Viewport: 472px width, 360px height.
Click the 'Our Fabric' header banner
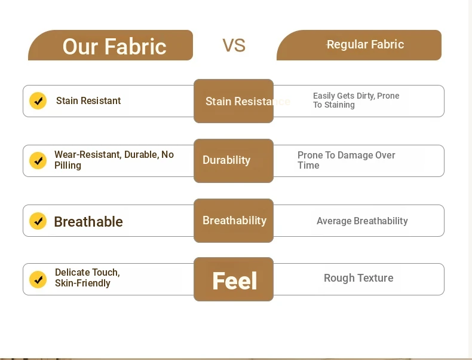pyautogui.click(x=111, y=45)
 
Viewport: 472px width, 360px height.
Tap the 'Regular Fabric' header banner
pyautogui.click(x=359, y=45)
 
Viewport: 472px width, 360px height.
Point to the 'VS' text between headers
pyautogui.click(x=234, y=45)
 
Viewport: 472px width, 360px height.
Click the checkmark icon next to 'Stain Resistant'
pyautogui.click(x=38, y=100)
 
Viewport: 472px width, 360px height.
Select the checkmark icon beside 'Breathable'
pyautogui.click(x=38, y=221)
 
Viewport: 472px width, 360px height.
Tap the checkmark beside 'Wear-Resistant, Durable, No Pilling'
pyautogui.click(x=38, y=161)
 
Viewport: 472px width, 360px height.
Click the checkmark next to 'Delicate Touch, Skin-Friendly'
pyautogui.click(x=38, y=279)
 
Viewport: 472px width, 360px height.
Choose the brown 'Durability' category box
pyautogui.click(x=234, y=161)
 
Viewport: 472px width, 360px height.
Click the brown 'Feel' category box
pyautogui.click(x=234, y=279)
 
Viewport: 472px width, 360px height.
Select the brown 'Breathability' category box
pyautogui.click(x=234, y=221)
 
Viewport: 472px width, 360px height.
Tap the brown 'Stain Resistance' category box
pyautogui.click(x=234, y=101)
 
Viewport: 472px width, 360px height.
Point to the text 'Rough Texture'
pyautogui.click(x=358, y=278)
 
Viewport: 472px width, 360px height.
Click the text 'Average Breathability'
pyautogui.click(x=362, y=221)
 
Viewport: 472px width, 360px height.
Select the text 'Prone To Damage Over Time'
pyautogui.click(x=346, y=160)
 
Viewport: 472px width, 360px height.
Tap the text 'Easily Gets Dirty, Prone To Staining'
pyautogui.click(x=356, y=100)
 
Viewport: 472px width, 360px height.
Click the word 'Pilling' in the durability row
pyautogui.click(x=68, y=166)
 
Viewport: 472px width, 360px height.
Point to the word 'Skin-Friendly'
pyautogui.click(x=82, y=283)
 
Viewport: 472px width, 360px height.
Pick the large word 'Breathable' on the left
pyautogui.click(x=88, y=222)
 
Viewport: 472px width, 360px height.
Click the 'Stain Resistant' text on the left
pyautogui.click(x=88, y=100)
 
